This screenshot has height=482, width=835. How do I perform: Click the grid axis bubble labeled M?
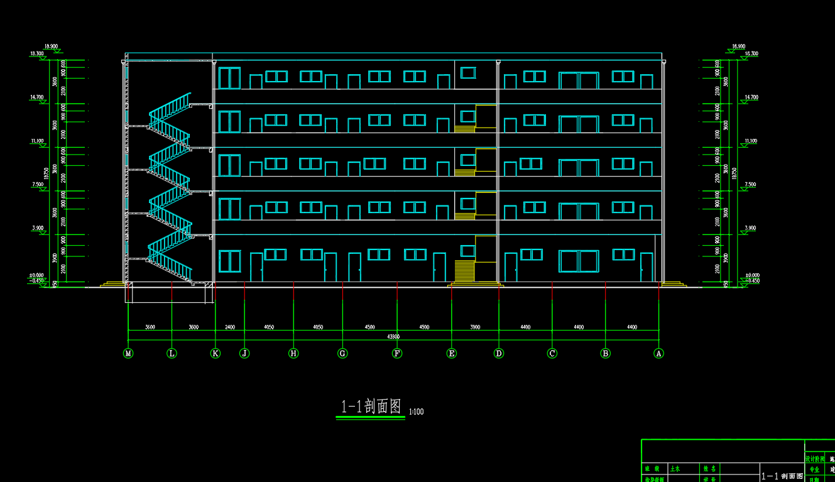[x=128, y=353]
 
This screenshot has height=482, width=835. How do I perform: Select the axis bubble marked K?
[x=216, y=353]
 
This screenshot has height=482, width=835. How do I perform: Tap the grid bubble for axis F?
[x=397, y=353]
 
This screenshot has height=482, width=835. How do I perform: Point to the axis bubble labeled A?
[x=659, y=353]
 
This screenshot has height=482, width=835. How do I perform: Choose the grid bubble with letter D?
[x=499, y=353]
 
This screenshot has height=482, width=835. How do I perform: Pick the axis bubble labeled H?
[x=293, y=353]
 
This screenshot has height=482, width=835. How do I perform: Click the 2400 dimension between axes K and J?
[x=230, y=327]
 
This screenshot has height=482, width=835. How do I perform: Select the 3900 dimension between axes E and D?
[x=475, y=327]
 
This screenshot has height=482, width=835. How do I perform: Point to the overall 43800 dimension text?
[x=394, y=337]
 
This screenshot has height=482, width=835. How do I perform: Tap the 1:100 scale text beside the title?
[x=417, y=412]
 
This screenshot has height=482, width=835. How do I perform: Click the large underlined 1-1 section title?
[x=371, y=407]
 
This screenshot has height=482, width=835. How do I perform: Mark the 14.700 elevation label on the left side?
[x=36, y=97]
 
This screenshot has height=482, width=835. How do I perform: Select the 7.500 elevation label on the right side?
[x=750, y=185]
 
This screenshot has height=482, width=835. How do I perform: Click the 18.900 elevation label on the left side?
[x=51, y=46]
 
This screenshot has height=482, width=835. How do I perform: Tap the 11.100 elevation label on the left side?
[x=36, y=141]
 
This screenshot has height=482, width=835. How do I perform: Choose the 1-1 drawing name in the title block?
[x=782, y=476]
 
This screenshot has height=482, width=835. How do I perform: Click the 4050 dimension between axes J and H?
[x=269, y=327]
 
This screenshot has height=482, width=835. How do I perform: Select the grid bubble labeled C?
[x=552, y=353]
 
